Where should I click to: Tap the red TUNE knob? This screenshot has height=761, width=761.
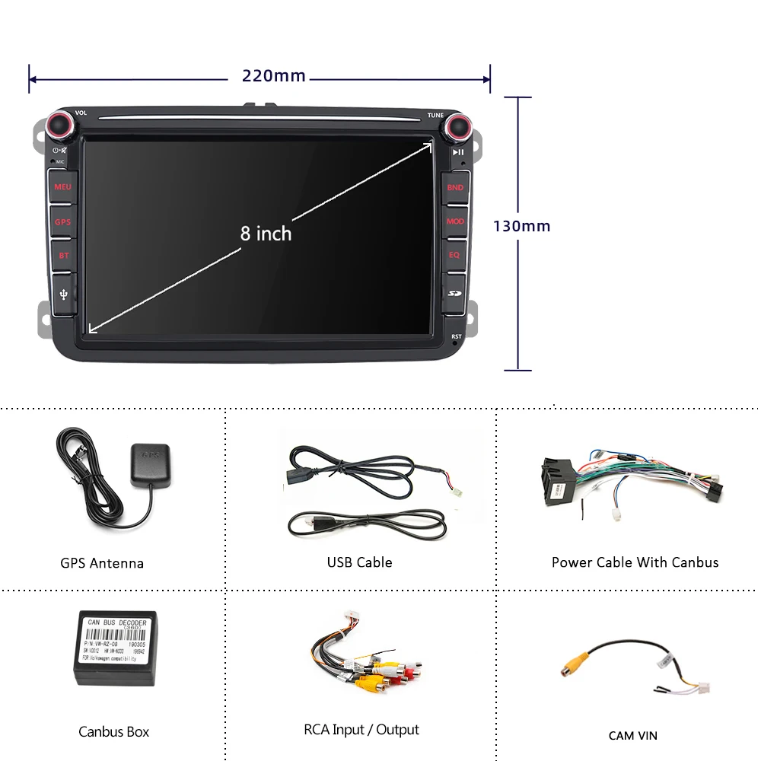pos(457,126)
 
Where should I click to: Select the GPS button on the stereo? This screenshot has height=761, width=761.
pos(62,222)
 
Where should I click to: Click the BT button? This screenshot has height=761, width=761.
pos(63,256)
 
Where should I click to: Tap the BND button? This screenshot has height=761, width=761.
pos(455,187)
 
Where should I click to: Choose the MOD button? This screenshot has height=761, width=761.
pos(455,221)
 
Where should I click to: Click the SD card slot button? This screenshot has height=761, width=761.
pos(455,292)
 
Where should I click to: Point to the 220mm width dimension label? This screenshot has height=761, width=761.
pos(274,76)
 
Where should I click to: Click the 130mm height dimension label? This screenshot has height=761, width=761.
pos(521,226)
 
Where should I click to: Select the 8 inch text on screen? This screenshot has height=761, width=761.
pos(266,234)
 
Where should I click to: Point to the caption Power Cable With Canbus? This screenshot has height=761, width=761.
pos(635,562)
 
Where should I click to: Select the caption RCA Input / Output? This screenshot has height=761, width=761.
pos(361,730)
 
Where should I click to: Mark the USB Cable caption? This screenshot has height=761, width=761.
pos(359,562)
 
